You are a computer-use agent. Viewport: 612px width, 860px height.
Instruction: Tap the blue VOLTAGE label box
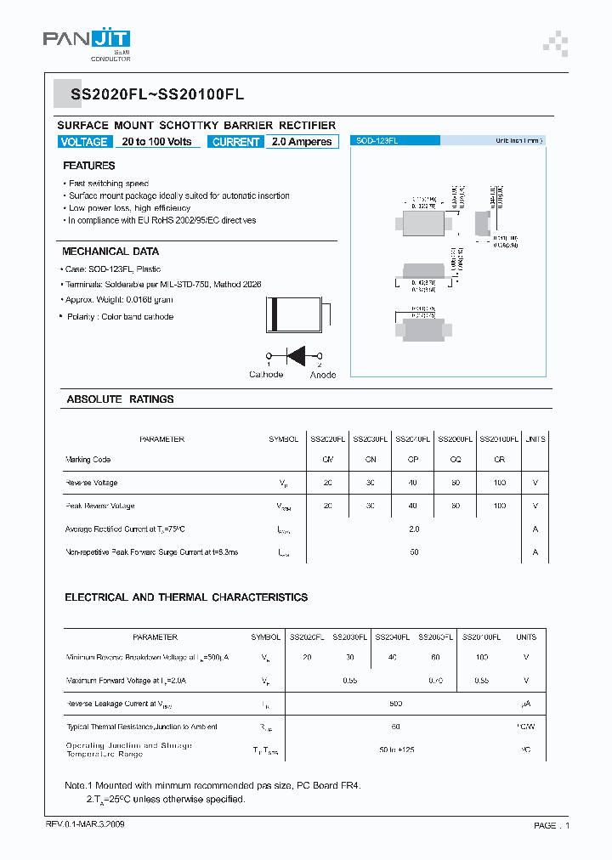(84, 142)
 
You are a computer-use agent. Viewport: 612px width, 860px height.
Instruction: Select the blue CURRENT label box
(235, 142)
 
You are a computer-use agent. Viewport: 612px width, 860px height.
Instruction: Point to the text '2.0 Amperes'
(302, 142)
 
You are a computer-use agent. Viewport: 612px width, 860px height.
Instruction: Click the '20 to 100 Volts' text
(156, 142)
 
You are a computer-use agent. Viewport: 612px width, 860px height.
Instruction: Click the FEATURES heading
(88, 166)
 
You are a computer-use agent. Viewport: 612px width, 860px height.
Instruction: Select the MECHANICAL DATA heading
(110, 252)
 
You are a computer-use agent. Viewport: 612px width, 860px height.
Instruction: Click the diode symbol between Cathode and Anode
(296, 355)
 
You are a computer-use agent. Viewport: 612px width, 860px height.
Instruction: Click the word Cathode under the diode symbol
(266, 375)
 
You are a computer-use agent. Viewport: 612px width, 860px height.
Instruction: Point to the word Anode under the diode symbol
(323, 375)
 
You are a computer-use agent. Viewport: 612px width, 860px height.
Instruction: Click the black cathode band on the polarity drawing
(274, 315)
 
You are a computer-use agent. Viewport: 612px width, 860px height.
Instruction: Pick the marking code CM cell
(327, 460)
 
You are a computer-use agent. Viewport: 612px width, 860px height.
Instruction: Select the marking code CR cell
(499, 460)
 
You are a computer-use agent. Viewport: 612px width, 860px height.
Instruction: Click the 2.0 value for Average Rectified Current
(414, 529)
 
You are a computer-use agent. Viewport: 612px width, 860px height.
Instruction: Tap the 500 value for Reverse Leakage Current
(396, 704)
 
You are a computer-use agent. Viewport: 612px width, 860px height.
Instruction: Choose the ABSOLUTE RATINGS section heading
(120, 399)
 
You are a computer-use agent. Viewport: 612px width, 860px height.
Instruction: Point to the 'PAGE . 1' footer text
(552, 825)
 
